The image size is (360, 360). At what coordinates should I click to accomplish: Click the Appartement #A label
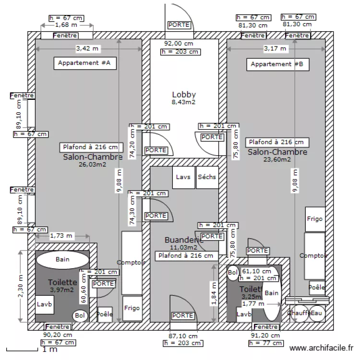[x=84, y=63]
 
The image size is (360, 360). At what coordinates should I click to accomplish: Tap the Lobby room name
[x=184, y=95]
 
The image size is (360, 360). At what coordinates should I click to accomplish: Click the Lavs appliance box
[x=183, y=177]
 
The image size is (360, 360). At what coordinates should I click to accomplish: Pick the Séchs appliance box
[x=207, y=177]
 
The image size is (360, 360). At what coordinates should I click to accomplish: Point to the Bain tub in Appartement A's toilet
[x=62, y=260]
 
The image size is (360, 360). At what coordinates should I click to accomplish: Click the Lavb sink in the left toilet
[x=45, y=304]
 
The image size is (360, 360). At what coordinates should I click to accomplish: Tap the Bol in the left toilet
[x=80, y=316]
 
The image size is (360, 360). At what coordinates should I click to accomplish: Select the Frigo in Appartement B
[x=315, y=219]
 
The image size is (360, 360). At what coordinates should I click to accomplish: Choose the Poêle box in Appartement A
[x=105, y=314]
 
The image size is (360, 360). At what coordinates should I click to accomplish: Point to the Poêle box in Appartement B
[x=316, y=288]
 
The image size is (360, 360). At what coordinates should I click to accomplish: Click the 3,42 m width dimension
[x=88, y=48]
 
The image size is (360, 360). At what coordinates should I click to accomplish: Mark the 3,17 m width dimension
[x=275, y=48]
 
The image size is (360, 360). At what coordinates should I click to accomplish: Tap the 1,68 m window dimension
[x=66, y=25]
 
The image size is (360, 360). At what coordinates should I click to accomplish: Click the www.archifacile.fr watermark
[x=323, y=348]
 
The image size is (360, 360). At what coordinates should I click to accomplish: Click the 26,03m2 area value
[x=93, y=164]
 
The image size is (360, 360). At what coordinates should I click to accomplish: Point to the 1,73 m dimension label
[x=61, y=236]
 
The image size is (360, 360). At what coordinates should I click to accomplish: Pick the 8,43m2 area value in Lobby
[x=184, y=102]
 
